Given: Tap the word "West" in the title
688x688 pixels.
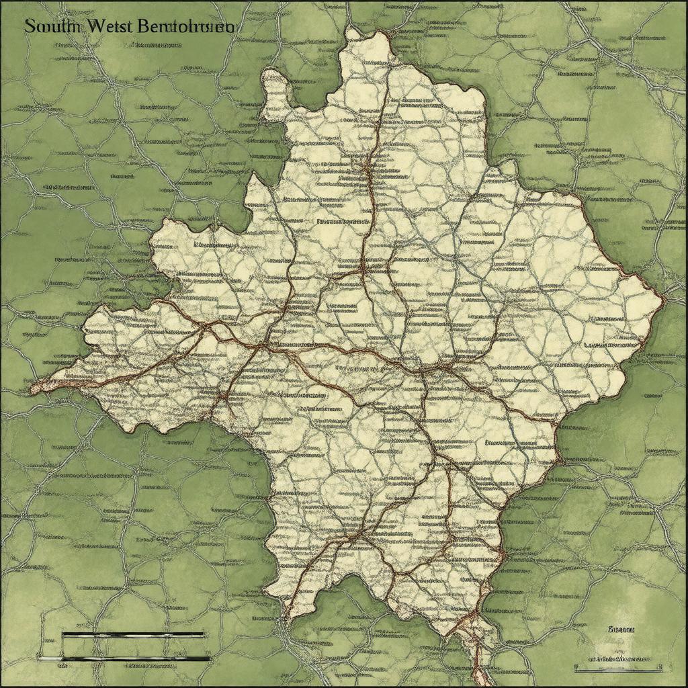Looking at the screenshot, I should point(108,27).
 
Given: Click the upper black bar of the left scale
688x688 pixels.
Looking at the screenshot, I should point(132,634).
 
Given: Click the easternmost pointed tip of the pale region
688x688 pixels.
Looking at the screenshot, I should point(662,296).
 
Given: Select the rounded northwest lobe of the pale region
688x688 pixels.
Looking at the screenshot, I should point(274,94).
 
